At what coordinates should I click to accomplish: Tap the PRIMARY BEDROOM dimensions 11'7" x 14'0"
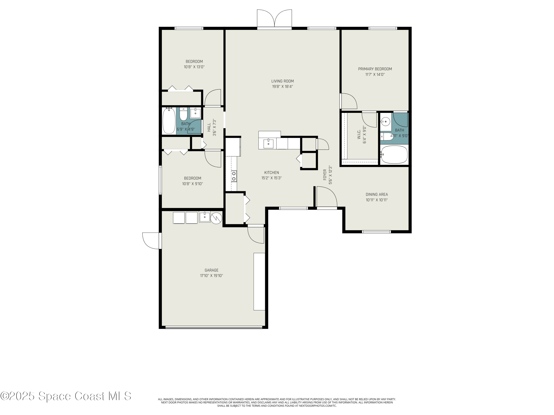[375, 75]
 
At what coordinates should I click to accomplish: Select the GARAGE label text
[211, 270]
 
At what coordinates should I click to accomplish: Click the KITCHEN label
[271, 173]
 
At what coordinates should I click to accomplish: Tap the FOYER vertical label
[325, 175]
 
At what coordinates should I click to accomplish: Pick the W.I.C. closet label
[359, 135]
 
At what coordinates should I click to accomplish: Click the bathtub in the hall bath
[169, 121]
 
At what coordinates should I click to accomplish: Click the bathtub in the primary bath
[394, 155]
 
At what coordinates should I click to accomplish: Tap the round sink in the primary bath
[385, 122]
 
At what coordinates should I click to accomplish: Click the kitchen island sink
[268, 144]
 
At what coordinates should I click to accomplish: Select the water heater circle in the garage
[216, 218]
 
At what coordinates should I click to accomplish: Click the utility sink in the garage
[205, 217]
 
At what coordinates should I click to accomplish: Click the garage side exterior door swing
[151, 241]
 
